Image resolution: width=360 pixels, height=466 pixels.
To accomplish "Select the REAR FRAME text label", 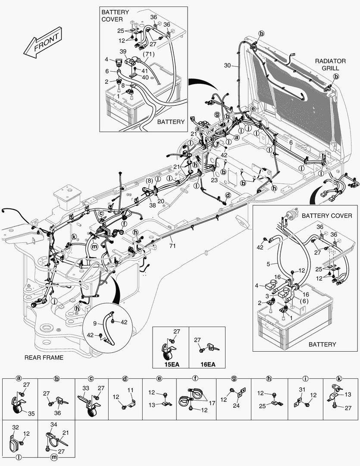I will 44,357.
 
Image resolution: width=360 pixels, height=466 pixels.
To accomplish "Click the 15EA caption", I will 172,364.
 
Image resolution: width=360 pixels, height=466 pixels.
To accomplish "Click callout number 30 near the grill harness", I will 228,66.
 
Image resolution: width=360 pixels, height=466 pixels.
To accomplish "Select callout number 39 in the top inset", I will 123,52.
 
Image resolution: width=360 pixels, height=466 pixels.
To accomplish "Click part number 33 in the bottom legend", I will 86,388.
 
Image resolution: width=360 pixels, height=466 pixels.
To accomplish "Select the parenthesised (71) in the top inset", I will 149,54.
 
